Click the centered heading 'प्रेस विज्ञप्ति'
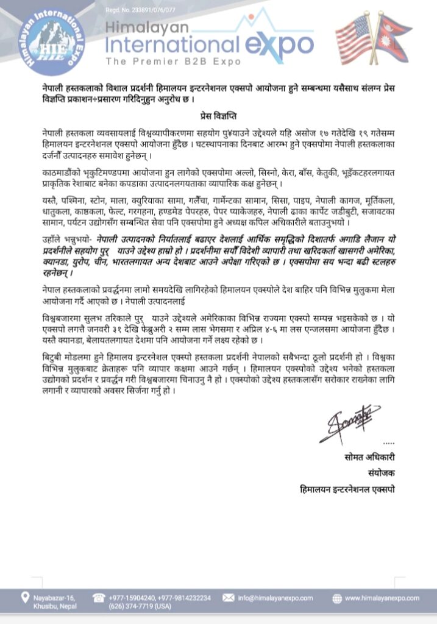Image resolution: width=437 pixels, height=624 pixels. tap(218, 114)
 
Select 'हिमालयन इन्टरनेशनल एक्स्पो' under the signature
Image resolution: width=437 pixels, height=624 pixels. tap(347, 489)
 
